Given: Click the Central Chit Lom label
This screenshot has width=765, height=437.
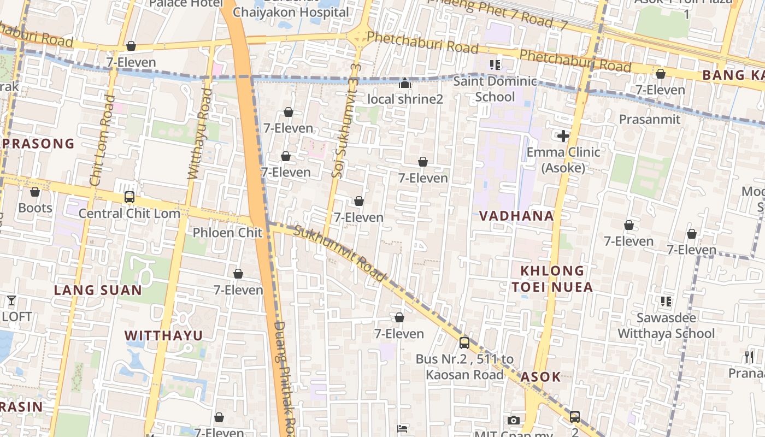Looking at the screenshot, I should click(130, 213).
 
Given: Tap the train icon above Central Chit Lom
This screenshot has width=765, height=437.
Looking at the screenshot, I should click(130, 197).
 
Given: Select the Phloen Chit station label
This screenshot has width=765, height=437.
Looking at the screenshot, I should click(227, 233).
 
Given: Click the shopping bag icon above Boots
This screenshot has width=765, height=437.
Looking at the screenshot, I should click(35, 192).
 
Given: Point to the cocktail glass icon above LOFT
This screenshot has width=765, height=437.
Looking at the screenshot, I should click(11, 300).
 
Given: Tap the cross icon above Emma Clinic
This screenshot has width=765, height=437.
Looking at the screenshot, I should click(563, 136).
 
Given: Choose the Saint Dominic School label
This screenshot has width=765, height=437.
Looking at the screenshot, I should click(495, 89).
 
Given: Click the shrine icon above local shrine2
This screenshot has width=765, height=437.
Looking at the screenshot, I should click(404, 83).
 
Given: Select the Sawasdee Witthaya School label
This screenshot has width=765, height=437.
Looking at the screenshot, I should click(666, 326).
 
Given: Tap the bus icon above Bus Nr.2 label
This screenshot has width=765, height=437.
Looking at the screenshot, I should click(464, 343).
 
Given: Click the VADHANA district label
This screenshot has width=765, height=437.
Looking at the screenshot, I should click(516, 216).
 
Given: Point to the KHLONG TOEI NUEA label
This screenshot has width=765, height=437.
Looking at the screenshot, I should click(552, 279).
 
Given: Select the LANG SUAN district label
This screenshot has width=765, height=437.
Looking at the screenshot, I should click(98, 290).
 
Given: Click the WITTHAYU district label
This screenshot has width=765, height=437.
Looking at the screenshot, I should click(163, 335).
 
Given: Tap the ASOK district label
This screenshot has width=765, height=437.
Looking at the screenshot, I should click(540, 377).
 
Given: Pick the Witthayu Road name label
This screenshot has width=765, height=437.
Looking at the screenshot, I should click(198, 133).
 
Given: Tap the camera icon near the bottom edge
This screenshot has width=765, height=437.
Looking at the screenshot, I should click(513, 420).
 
